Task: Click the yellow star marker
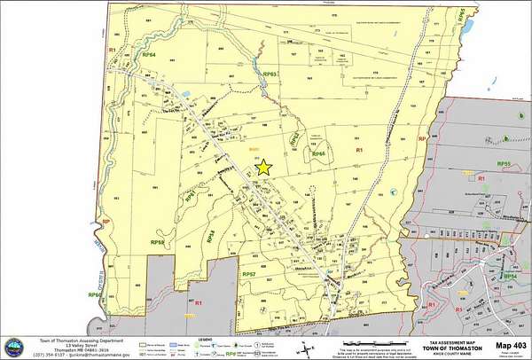click(x=263, y=166)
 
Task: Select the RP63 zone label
click(x=270, y=74)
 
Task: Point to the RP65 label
click(x=460, y=15)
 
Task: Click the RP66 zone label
click(x=318, y=153)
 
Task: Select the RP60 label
click(x=94, y=293)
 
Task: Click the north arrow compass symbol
click(x=304, y=347)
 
